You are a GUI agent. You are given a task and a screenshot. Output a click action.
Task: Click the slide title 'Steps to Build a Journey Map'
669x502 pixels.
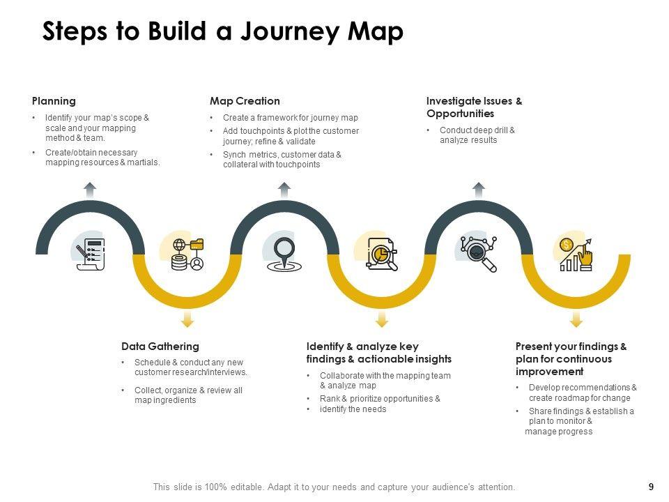(222, 32)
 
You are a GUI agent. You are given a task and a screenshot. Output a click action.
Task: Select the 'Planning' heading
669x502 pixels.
(54, 101)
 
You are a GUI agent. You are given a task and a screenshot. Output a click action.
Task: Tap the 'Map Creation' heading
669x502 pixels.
(245, 101)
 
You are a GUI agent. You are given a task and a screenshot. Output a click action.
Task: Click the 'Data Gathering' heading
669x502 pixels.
(160, 347)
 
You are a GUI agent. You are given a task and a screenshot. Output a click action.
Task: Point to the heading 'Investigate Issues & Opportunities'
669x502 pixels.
(474, 107)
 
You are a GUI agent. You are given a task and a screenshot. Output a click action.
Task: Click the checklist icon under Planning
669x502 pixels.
(91, 254)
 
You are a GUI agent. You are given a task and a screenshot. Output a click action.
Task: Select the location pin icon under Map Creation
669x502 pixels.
(284, 253)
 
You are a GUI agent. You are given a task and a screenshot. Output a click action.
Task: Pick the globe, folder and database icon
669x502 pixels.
(187, 254)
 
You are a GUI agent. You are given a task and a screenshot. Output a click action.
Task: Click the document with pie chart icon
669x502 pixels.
(381, 254)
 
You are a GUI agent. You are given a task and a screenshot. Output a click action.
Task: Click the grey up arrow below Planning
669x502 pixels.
(90, 190)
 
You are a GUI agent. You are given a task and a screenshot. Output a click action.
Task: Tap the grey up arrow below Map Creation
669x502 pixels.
(284, 190)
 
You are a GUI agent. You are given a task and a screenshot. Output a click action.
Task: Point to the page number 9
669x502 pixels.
(650, 487)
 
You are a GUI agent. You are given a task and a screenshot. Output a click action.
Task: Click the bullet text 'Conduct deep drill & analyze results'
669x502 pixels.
(477, 135)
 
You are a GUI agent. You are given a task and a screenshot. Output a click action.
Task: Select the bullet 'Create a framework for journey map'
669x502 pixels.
(290, 118)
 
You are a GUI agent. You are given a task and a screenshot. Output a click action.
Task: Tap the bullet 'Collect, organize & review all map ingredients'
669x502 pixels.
(188, 395)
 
